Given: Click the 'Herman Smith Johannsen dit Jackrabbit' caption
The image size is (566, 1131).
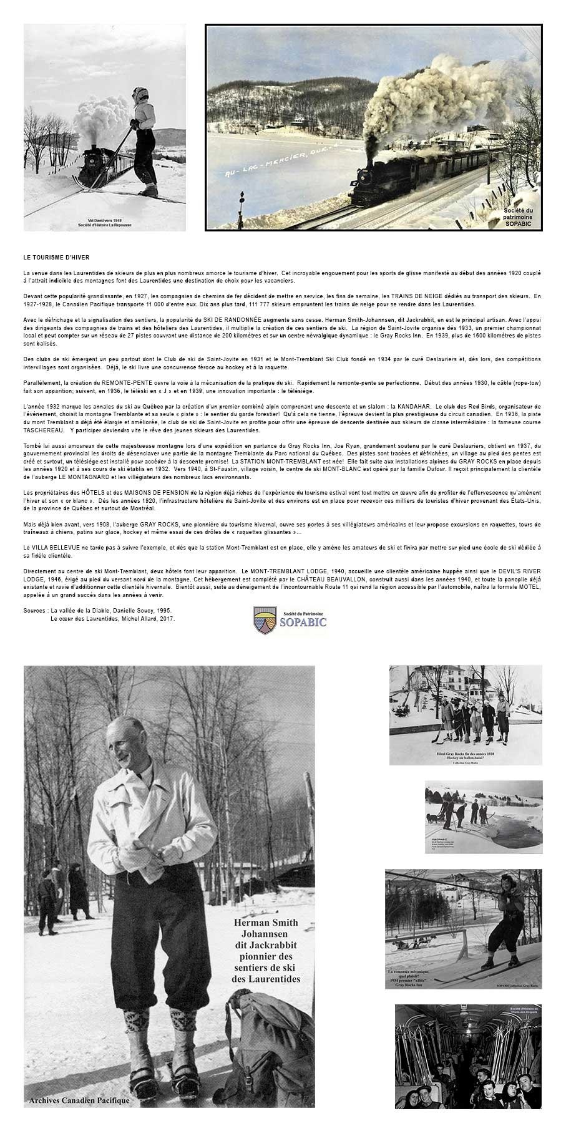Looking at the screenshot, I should point(265,951).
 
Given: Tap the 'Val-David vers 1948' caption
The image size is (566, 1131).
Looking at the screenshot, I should point(104,221).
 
